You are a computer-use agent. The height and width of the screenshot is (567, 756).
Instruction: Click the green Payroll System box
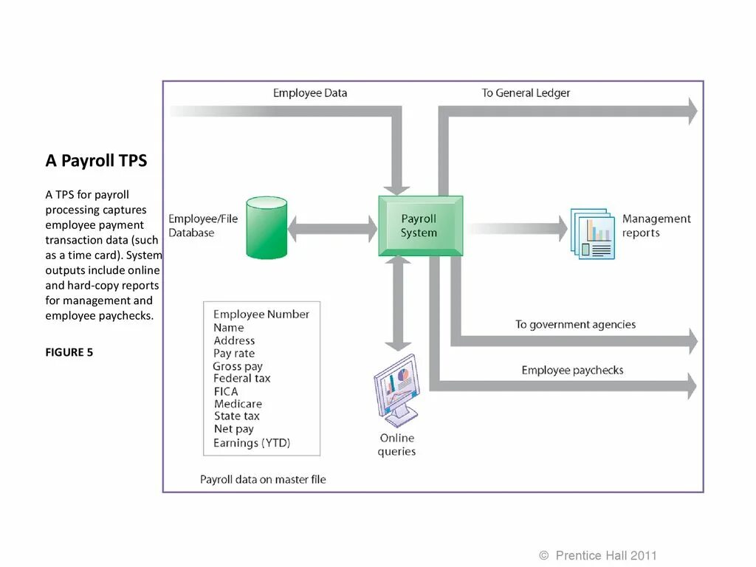420,226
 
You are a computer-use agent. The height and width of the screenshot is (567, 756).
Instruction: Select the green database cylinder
266,227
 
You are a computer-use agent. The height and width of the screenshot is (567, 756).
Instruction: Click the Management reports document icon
592,233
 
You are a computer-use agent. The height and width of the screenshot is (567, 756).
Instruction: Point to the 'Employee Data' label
309,93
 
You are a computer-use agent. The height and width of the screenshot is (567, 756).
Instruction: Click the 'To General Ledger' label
526,93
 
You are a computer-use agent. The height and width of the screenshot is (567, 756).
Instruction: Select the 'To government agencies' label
575,324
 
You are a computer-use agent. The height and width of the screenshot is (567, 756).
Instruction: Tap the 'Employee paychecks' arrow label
572,370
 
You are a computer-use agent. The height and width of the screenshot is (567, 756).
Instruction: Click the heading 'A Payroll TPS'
96,161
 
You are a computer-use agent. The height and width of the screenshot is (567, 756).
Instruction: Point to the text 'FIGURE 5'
69,352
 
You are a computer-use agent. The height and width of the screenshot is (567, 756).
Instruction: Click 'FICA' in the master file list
226,391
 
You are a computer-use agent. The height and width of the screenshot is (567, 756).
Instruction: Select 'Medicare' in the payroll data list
238,404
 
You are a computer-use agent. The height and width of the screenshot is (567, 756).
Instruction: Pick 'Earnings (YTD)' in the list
252,443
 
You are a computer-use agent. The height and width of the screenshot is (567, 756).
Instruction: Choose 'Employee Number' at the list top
261,314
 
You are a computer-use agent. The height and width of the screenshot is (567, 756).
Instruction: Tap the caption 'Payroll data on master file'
263,479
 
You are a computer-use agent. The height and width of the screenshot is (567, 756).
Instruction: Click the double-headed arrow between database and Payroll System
332,229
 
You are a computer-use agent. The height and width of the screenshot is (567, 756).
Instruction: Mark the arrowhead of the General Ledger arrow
691,111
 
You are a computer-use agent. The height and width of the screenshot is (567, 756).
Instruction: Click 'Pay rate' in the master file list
234,353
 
